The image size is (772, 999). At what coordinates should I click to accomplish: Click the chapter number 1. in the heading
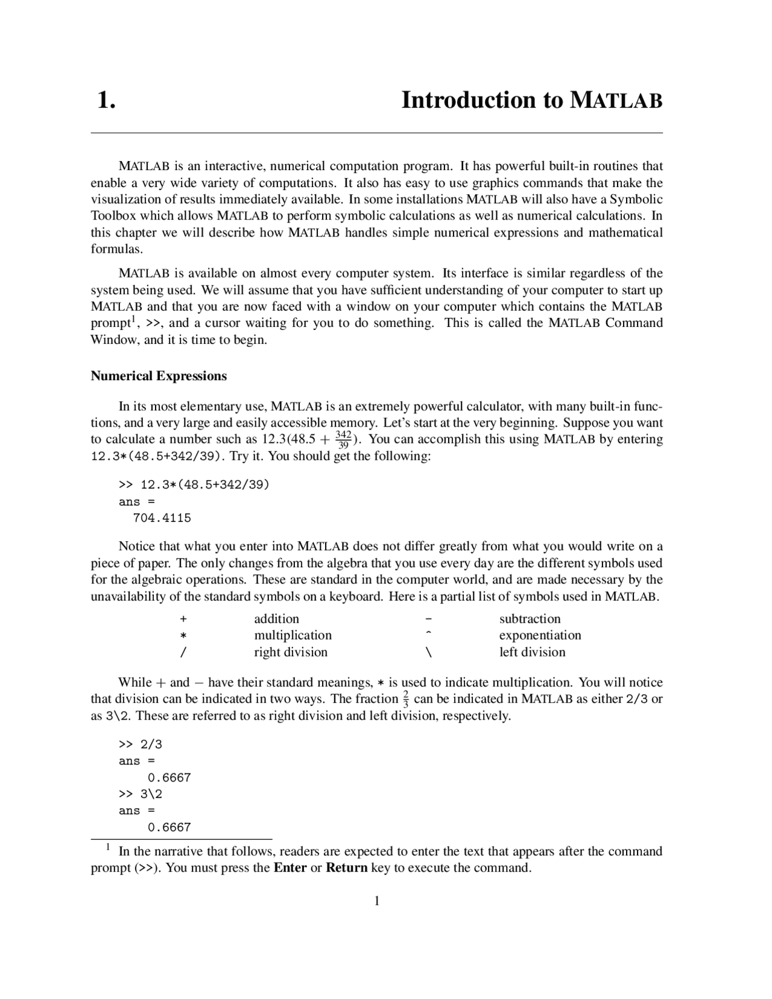pos(106,100)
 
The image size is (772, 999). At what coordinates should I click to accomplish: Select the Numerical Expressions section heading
pos(159,376)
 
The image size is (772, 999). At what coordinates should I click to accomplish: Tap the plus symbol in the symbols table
pos(183,619)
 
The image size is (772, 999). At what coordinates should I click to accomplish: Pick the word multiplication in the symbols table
pos(293,635)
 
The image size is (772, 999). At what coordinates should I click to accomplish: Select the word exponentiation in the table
pos(540,635)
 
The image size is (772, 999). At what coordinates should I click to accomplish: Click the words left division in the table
pos(532,652)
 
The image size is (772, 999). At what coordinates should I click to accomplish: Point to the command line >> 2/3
pos(141,744)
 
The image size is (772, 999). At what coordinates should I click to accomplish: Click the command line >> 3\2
pos(141,794)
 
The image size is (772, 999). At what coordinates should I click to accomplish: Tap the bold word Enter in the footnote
pos(289,868)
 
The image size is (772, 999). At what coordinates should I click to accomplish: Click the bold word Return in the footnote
pos(346,868)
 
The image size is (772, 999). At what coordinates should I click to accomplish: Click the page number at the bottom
pos(377,901)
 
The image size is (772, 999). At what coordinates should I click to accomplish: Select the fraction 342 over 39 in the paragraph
pos(343,439)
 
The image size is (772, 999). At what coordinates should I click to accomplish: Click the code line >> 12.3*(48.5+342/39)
pos(194,484)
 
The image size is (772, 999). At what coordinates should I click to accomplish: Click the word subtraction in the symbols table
pos(530,619)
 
